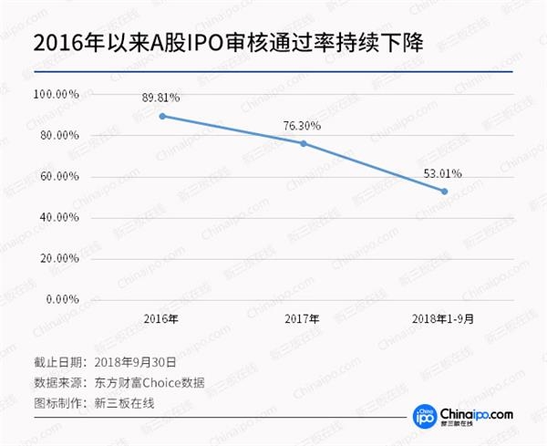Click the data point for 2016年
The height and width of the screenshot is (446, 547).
click(x=161, y=116)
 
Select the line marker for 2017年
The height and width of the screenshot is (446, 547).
click(x=303, y=143)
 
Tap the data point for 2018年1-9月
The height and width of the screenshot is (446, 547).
click(x=444, y=191)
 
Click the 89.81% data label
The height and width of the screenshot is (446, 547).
click(x=161, y=97)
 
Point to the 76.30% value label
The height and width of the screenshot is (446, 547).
click(x=303, y=125)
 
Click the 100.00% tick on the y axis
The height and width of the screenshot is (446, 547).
click(x=57, y=95)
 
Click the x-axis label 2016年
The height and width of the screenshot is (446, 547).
click(x=161, y=320)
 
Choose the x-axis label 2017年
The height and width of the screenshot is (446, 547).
click(x=303, y=320)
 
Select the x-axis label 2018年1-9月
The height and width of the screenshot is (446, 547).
click(x=444, y=320)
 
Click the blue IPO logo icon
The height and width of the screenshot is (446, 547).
click(x=423, y=415)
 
